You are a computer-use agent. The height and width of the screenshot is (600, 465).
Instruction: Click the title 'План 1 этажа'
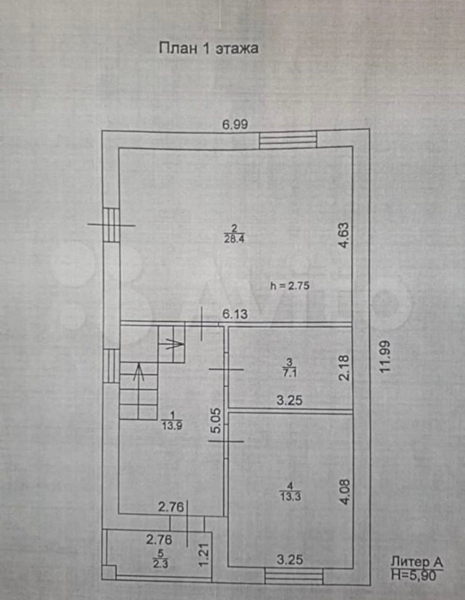[x=209, y=49]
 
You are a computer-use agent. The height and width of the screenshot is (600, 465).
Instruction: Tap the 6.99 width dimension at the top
[x=235, y=124]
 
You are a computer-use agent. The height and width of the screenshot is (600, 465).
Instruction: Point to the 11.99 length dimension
[x=385, y=356]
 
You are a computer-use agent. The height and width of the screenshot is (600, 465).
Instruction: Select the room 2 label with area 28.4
[x=234, y=234]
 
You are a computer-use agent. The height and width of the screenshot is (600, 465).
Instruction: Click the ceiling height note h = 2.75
[x=290, y=286]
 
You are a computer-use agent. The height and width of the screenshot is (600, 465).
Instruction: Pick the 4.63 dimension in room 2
[x=343, y=235]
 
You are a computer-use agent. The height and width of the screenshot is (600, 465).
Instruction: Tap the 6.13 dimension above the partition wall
[x=235, y=314]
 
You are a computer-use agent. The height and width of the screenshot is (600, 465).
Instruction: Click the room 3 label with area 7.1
[x=289, y=368]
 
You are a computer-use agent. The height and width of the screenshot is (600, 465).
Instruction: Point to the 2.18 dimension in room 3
[x=343, y=368]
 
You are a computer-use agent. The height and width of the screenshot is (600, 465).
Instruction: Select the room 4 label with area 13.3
[x=290, y=491]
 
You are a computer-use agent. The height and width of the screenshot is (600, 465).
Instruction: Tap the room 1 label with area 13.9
[x=172, y=421]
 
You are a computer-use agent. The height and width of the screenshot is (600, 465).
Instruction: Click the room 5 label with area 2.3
[x=160, y=559]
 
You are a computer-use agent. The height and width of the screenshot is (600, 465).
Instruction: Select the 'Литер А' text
[x=417, y=562]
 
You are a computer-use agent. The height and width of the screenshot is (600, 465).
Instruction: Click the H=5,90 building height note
[x=414, y=575]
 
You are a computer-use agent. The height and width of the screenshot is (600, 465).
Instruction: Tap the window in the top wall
[x=288, y=139]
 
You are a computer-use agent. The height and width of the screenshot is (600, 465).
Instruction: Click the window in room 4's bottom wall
[x=294, y=576]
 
